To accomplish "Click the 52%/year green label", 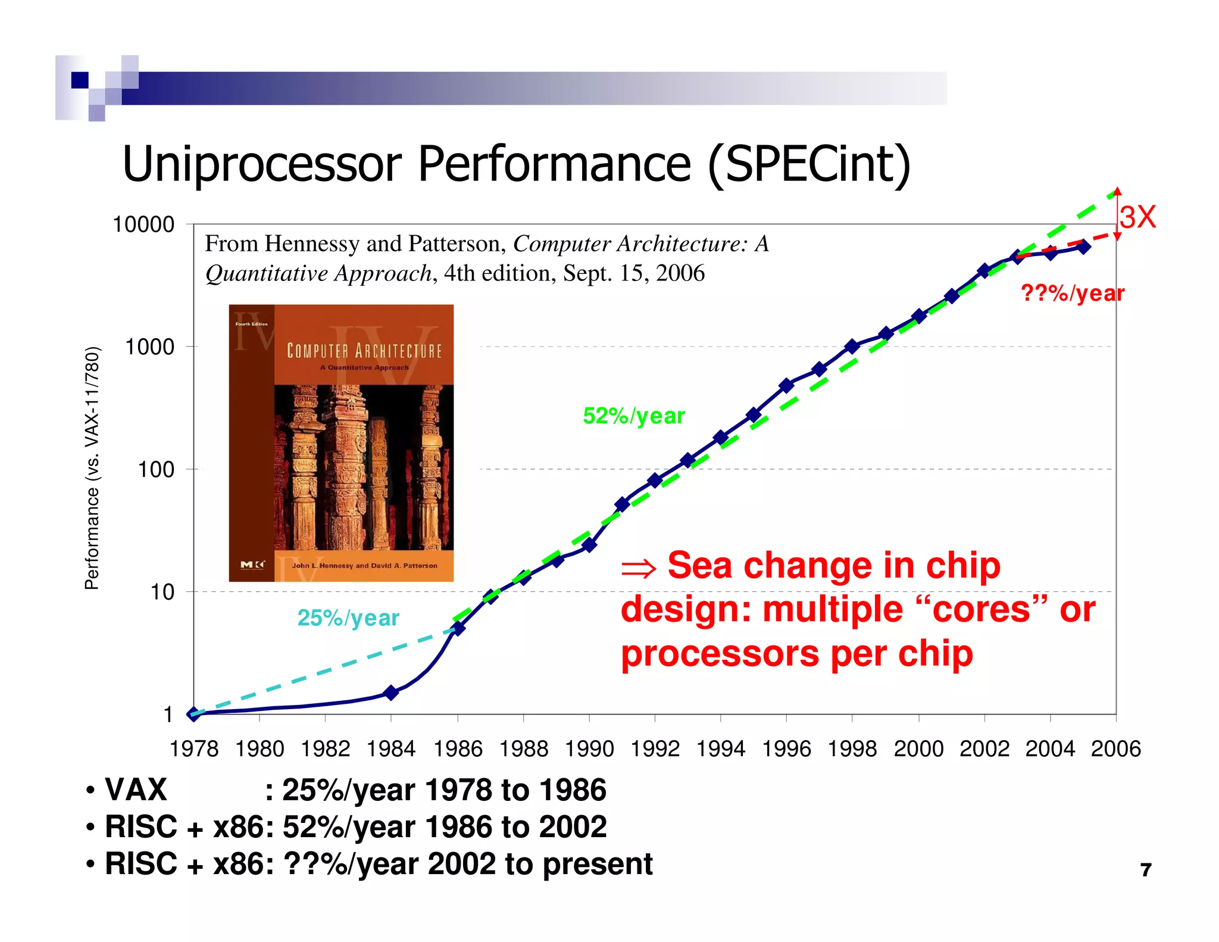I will tap(633, 416).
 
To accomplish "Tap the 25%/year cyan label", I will tap(348, 617).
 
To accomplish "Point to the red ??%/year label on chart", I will tap(1072, 293).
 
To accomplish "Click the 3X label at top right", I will tap(1137, 217).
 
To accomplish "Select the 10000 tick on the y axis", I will tap(143, 224).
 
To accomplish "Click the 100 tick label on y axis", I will tap(156, 470).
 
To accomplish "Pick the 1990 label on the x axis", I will tap(589, 748).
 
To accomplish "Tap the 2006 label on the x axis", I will tap(1115, 748).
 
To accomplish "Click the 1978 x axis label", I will tap(194, 748).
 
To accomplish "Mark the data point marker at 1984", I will tap(391, 692).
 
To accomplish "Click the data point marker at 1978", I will tap(194, 714).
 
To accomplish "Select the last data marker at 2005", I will tap(1084, 247).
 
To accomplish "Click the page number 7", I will tap(1146, 870).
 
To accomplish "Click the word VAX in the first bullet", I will tap(136, 790).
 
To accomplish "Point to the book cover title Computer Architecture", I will tap(364, 351).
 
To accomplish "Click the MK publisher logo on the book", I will tap(252, 564).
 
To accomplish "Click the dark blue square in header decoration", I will tap(80, 80).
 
